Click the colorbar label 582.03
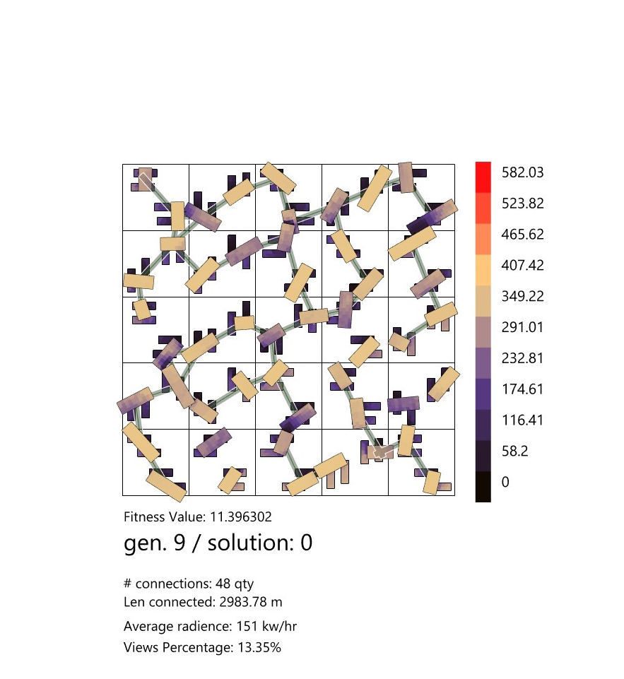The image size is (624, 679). coord(522,172)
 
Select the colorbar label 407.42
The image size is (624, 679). coord(522,266)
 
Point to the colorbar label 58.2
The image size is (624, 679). coord(516,451)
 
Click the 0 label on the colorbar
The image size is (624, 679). coord(505,482)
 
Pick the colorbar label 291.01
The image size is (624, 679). coord(522,327)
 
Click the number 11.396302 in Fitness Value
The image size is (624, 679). coord(237,517)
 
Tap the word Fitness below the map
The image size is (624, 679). coord(144,517)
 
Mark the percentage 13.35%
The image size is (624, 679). coord(257,647)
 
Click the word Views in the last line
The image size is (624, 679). coord(140,647)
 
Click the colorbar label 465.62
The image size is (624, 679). coord(522,235)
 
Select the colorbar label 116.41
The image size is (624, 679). coord(522,420)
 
